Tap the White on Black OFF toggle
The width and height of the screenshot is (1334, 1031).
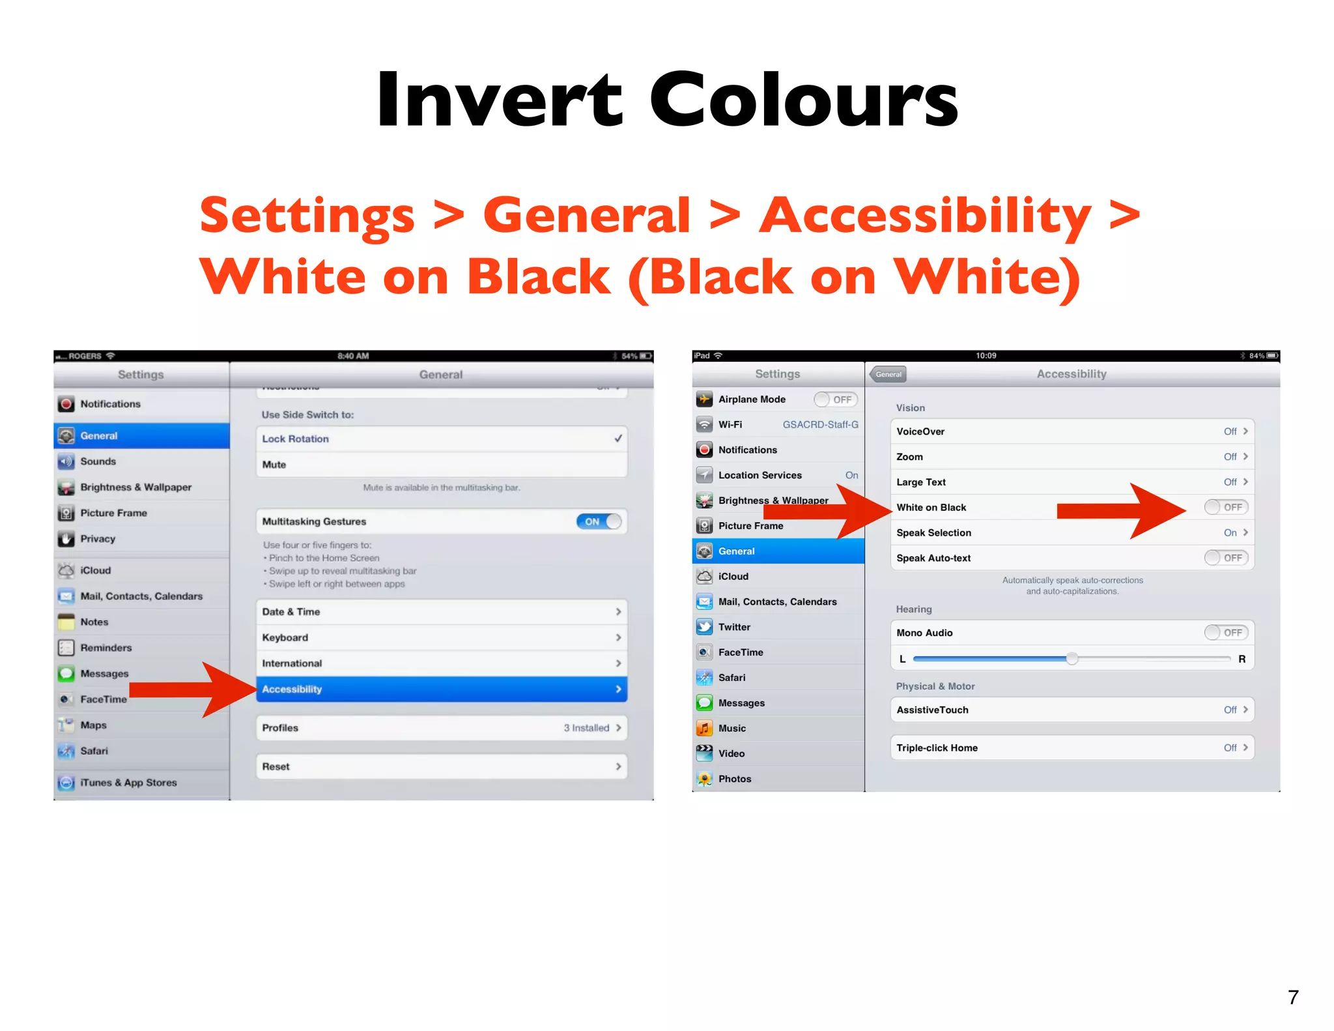[x=1225, y=507]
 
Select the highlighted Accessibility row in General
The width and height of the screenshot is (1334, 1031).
[x=441, y=689]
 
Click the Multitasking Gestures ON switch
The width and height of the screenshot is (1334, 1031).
[x=599, y=521]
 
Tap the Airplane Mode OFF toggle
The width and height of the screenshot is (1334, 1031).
[x=835, y=399]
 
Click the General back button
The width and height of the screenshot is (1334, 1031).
[x=888, y=374]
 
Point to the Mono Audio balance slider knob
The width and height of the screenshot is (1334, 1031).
[x=1071, y=659]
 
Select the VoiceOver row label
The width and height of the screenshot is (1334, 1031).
[x=920, y=431]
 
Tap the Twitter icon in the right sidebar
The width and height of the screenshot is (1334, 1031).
[x=704, y=627]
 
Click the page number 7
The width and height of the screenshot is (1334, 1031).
[x=1292, y=997]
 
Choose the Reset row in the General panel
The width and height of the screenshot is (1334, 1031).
[x=441, y=766]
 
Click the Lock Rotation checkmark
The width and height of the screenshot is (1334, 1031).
[x=617, y=439]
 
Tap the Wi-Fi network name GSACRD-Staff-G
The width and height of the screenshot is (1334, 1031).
[x=819, y=424]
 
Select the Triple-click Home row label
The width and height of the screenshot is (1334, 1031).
[x=936, y=748]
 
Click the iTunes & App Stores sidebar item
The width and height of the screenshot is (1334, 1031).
[x=128, y=782]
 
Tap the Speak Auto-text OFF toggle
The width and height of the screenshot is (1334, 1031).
[x=1225, y=558]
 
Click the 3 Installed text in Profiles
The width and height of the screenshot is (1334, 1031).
[x=586, y=728]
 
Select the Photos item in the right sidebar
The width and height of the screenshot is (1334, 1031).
[x=734, y=779]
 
